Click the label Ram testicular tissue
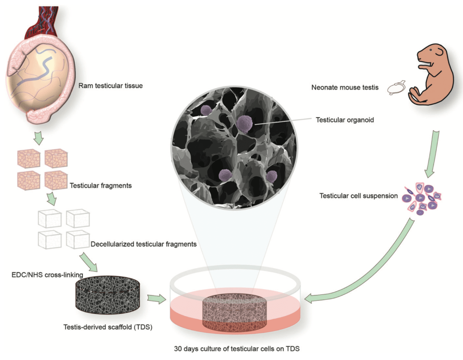click(110, 85)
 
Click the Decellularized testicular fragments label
click(143, 244)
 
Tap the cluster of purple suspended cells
click(420, 199)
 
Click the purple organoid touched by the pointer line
click(244, 123)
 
